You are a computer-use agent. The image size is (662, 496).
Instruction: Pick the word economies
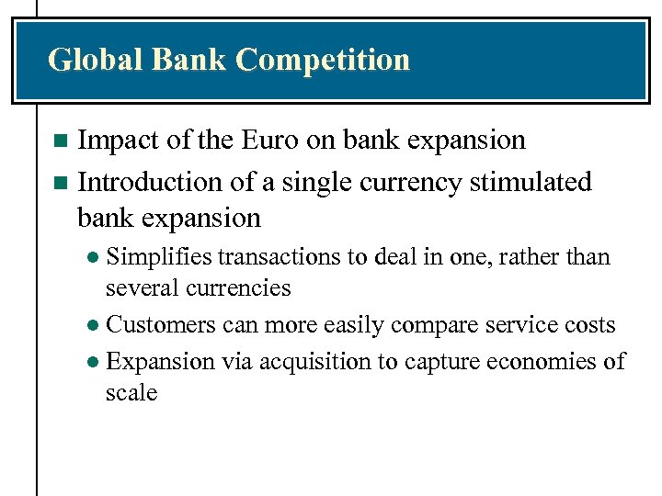click(x=546, y=361)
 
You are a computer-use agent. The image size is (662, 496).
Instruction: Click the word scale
click(x=131, y=392)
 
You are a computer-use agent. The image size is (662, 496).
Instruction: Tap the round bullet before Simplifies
click(x=94, y=258)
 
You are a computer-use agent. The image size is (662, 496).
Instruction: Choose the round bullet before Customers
click(x=94, y=326)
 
